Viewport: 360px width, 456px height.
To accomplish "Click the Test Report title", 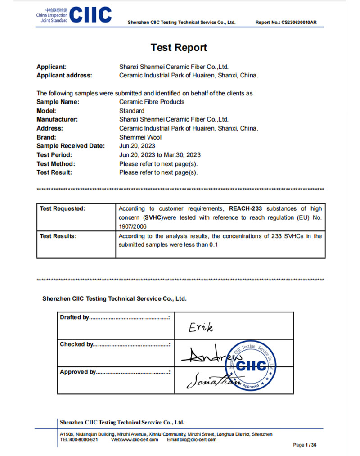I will point(179,48).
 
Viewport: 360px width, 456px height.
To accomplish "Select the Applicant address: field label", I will point(64,75).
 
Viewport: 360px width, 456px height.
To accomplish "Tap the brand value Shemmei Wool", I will point(140,137).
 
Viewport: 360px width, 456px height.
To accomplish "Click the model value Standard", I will point(132,111).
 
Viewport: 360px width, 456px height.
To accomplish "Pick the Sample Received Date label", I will point(70,146).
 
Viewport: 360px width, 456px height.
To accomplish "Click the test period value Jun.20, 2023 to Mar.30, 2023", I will point(160,155).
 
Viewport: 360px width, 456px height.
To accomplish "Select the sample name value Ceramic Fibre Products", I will point(152,102).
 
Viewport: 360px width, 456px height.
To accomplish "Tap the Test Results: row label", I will point(58,236).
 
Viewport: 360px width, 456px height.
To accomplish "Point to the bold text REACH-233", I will point(246,208).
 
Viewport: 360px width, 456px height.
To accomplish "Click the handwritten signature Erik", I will point(201,327).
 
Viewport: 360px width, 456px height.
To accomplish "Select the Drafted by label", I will point(74,317).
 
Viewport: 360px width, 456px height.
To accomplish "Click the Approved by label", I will point(78,372).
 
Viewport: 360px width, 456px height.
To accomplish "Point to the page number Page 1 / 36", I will point(305,445).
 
